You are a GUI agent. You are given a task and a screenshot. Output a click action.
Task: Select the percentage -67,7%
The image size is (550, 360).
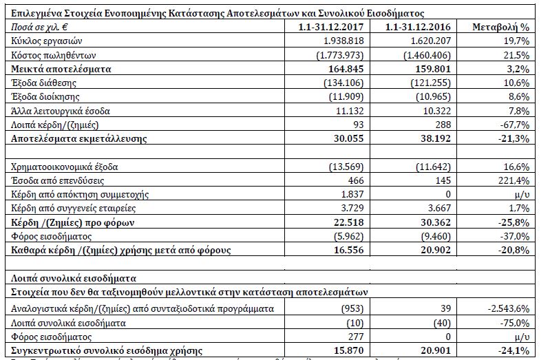(512, 125)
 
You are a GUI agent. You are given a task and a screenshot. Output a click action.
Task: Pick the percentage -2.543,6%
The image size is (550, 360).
(508, 308)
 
